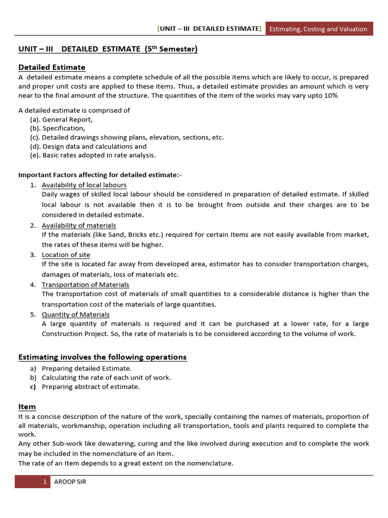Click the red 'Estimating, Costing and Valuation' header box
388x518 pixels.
click(318, 29)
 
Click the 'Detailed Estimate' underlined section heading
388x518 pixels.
click(52, 67)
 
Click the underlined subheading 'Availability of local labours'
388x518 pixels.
click(84, 185)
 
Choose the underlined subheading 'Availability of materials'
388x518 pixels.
click(79, 225)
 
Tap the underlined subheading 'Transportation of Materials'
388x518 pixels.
click(85, 284)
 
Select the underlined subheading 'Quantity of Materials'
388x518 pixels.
click(75, 314)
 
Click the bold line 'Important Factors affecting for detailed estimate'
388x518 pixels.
click(100, 175)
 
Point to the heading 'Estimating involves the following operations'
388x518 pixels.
click(102, 357)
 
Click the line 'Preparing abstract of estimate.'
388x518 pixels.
click(90, 386)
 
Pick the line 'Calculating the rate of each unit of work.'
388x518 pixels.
click(106, 377)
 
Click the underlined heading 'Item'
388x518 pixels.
click(27, 407)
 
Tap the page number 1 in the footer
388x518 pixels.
click(44, 482)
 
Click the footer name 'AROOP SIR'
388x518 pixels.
click(70, 482)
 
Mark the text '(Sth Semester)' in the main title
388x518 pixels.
click(171, 49)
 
